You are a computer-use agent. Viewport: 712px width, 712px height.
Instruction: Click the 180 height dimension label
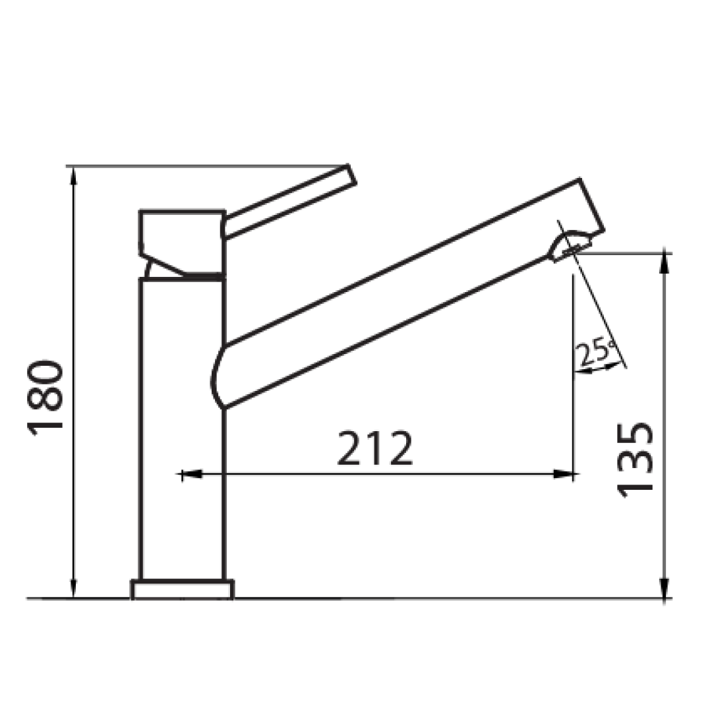46,398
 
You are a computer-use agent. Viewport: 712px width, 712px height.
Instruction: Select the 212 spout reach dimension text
374,448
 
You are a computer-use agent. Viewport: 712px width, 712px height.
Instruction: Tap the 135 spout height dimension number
636,459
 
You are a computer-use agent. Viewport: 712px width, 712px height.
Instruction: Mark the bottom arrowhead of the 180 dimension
74,588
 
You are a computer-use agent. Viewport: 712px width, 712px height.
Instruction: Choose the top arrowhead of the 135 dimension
665,263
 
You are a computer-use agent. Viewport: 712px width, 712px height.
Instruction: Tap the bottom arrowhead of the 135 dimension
665,588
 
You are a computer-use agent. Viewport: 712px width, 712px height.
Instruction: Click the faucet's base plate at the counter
183,589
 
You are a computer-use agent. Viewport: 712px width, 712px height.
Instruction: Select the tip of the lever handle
349,174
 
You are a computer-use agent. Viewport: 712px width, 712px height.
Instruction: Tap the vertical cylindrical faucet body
183,429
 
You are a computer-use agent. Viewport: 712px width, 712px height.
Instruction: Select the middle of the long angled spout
396,297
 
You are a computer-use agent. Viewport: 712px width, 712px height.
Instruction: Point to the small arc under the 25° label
599,371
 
